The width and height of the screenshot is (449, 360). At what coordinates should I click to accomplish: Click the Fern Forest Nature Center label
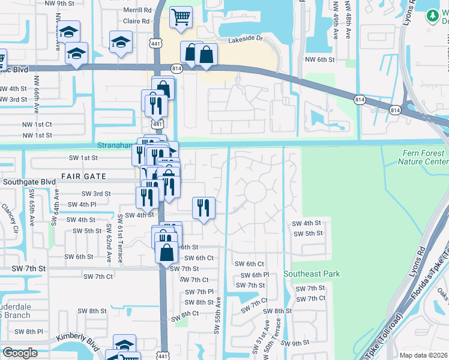[x=424, y=157]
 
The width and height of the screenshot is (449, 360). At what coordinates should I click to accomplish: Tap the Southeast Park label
[x=312, y=274]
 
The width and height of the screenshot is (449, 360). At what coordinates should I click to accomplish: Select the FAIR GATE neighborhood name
[x=83, y=177]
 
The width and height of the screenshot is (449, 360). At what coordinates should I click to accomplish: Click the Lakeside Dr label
[x=246, y=41]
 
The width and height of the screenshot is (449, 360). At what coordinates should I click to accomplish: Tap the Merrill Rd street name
[x=137, y=10]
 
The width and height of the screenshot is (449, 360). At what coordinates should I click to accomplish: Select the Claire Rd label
[x=136, y=21]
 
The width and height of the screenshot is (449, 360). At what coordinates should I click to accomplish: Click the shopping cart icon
[x=180, y=17]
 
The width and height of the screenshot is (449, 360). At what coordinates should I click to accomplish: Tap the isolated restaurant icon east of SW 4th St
[x=203, y=208]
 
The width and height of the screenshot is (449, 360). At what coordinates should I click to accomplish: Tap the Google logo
[x=20, y=353]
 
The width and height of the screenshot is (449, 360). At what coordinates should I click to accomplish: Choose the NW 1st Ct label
[x=37, y=124]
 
